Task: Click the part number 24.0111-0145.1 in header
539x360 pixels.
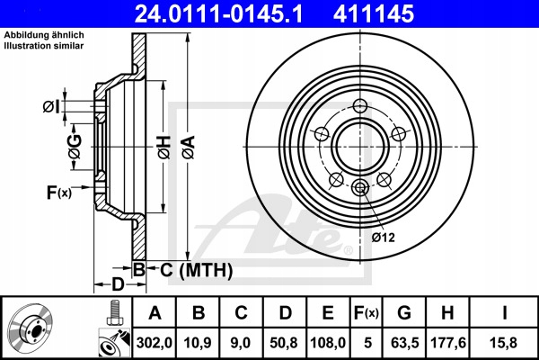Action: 218,13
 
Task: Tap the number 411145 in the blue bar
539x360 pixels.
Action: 374,13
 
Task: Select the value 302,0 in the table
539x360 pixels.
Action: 155,343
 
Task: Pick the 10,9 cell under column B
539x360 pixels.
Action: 198,343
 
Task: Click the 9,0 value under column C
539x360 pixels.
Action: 241,343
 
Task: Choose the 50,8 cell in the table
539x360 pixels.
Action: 284,343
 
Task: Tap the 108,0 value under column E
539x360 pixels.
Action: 328,343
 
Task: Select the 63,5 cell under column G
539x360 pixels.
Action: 404,343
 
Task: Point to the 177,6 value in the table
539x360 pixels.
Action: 448,343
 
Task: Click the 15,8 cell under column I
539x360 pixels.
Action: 504,343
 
